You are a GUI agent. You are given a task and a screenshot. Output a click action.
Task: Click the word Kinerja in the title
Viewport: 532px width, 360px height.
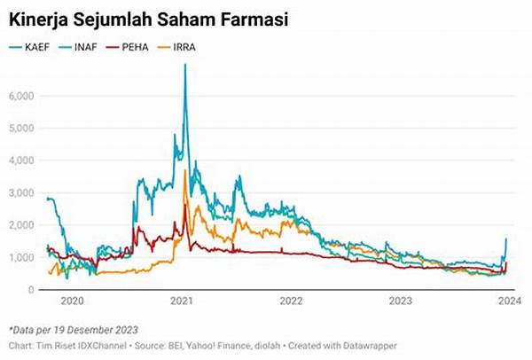pos(37,19)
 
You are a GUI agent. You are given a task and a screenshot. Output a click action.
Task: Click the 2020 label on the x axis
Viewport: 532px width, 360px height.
pos(73,301)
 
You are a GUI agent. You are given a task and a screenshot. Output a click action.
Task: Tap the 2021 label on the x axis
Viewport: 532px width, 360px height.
pos(183,301)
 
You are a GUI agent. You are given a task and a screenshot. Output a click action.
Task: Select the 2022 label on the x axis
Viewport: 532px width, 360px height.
pos(292,301)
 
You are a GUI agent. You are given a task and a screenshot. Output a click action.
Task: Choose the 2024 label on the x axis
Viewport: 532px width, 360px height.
pos(508,301)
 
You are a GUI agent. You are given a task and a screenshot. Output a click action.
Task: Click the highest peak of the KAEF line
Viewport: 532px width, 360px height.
pos(184,65)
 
